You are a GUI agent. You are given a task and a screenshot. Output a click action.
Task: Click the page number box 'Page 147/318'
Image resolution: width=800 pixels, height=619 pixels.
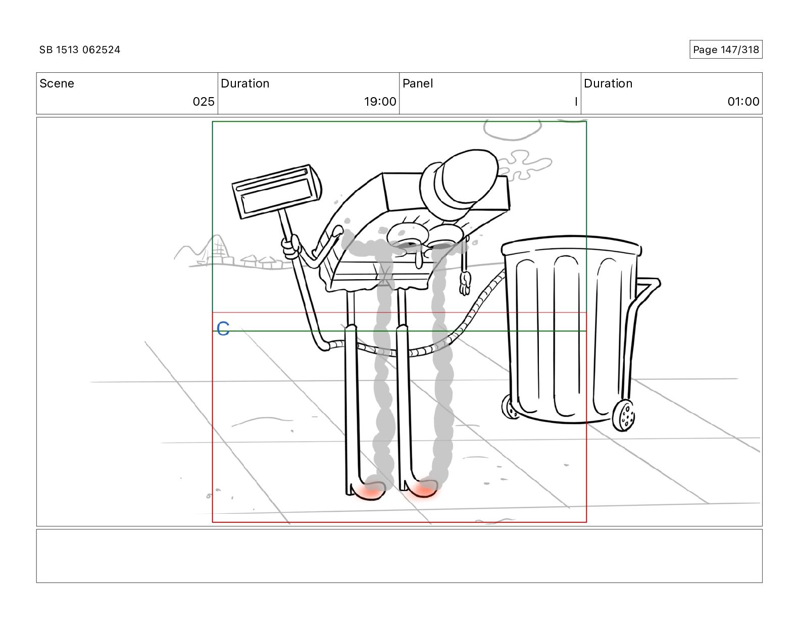[726, 50]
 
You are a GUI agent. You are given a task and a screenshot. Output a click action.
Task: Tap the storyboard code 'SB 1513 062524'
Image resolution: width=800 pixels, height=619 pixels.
[80, 50]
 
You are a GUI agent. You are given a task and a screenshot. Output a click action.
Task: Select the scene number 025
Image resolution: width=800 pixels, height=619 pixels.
[204, 101]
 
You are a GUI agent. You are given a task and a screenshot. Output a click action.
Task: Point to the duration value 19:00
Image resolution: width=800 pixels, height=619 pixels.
[380, 101]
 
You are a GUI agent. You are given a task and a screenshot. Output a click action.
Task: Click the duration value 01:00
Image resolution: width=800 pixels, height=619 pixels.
[743, 101]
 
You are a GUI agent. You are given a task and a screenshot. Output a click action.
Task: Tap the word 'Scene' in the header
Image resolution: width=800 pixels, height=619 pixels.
[57, 83]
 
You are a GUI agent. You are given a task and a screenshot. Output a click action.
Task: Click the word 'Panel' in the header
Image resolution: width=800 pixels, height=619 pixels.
[418, 83]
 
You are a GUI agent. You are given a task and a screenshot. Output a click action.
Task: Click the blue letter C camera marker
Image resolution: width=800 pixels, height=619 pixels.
[223, 329]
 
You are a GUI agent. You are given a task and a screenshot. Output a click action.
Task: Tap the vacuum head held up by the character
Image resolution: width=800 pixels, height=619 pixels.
[277, 191]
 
